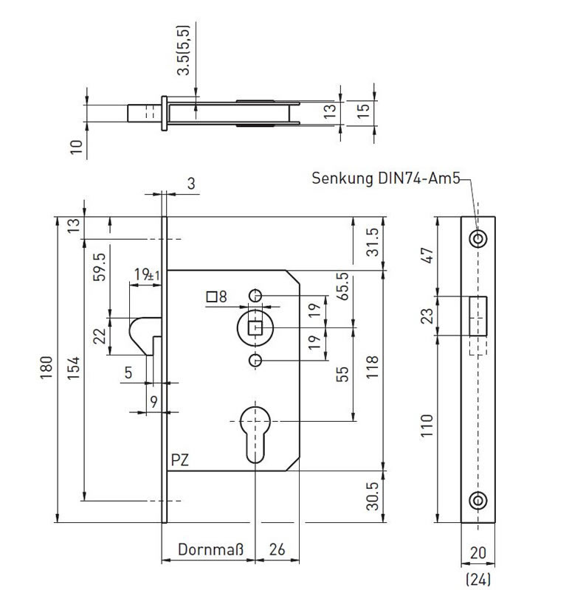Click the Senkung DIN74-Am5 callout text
[x=386, y=178]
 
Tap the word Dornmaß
[x=211, y=549]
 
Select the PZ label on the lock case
[x=180, y=459]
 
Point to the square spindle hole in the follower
[x=255, y=328]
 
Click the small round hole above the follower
[x=255, y=296]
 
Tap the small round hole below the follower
[x=255, y=361]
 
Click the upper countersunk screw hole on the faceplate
[x=478, y=238]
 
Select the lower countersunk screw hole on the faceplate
[x=478, y=501]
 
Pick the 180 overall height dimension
[x=46, y=367]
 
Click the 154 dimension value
[x=74, y=367]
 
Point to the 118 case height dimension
[x=372, y=366]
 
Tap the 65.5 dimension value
[x=342, y=286]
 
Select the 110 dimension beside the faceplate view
[x=427, y=426]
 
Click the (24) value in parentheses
[x=478, y=579]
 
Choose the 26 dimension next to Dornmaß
[x=278, y=549]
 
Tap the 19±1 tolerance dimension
[x=147, y=274]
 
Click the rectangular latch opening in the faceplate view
[x=478, y=316]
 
